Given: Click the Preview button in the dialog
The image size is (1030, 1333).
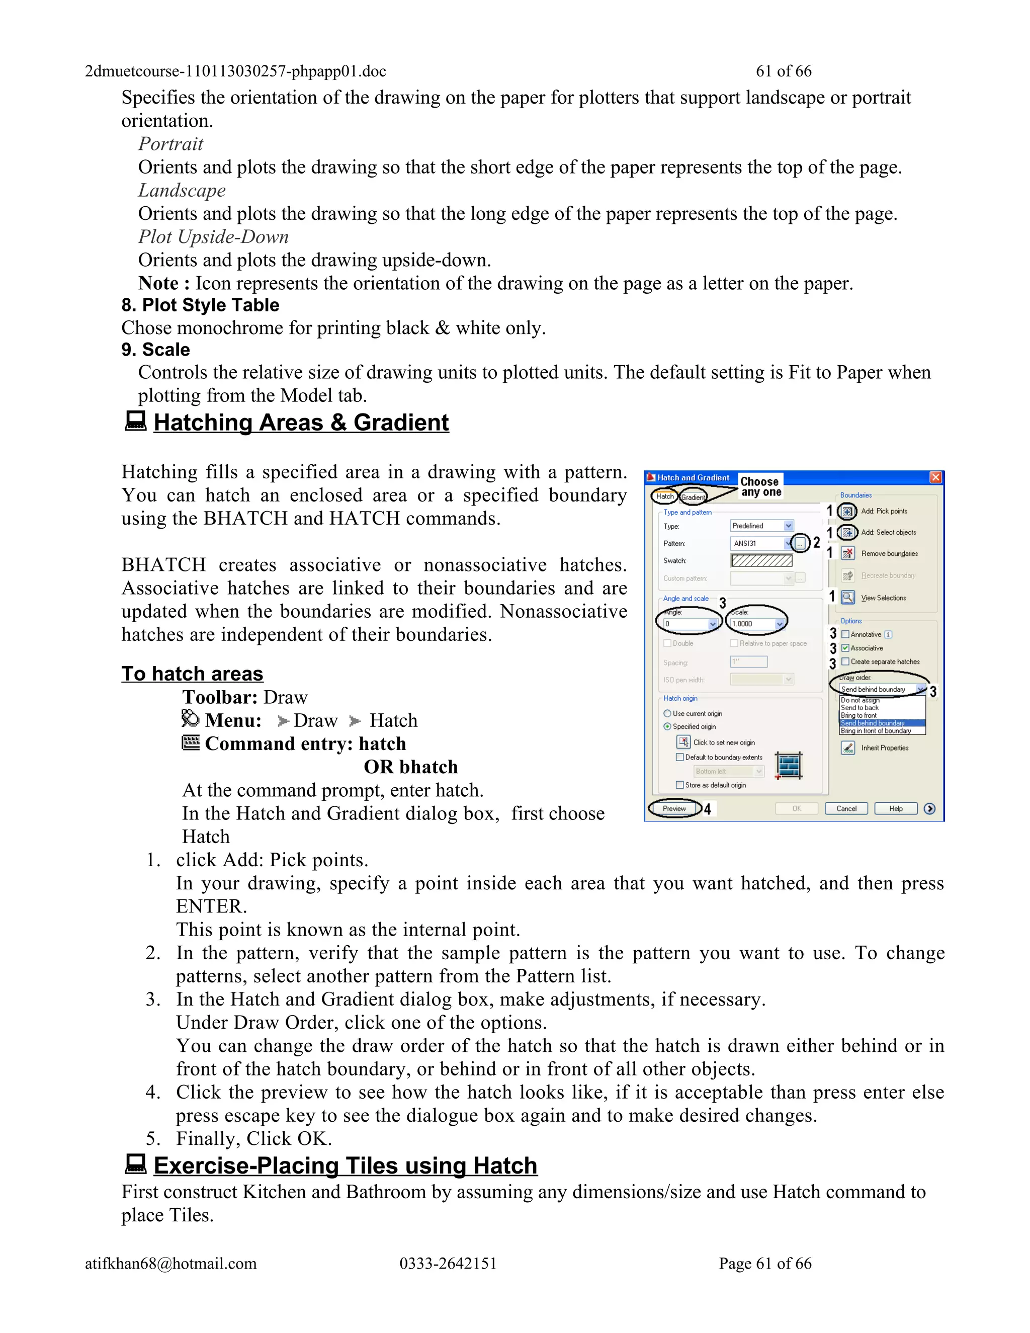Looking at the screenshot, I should point(674,809).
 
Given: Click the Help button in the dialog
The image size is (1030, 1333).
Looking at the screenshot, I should point(896,809).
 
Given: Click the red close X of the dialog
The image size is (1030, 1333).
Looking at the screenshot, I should point(935,477).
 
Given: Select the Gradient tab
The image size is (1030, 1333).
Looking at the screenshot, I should point(693,497).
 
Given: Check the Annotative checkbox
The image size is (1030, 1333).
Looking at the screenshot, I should point(845,634).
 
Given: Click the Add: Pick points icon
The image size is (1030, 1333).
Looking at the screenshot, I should point(847,511).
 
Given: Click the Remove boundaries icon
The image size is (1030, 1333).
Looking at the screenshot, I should point(847,554).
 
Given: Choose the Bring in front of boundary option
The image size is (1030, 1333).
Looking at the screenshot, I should point(876,730).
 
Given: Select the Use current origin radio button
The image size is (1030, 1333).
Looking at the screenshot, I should point(667,713).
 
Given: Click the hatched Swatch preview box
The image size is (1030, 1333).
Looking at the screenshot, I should point(761,560).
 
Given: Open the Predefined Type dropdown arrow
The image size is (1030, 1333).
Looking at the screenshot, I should point(789,526).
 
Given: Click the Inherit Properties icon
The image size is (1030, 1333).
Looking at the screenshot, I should point(847,747).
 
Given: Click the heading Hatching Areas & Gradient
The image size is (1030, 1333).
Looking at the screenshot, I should point(301,423).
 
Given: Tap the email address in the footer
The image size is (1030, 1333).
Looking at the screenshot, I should point(171,1264).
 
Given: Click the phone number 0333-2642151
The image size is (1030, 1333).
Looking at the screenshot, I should point(448,1264).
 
